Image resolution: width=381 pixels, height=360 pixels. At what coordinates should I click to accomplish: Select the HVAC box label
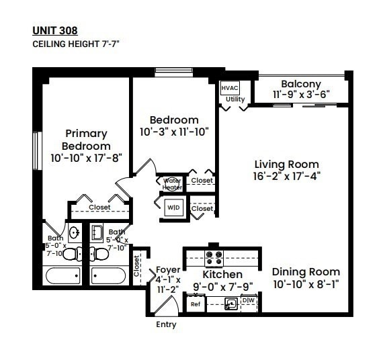tap(228, 89)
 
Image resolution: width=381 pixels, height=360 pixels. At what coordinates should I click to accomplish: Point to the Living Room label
tap(286, 164)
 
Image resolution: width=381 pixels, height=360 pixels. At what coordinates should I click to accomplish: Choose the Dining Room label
tap(306, 272)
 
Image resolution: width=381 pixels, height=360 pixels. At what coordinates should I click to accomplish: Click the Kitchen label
tap(222, 275)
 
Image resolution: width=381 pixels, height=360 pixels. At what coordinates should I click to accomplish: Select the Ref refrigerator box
tap(196, 304)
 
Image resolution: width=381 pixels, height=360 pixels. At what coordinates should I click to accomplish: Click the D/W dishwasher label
tap(248, 301)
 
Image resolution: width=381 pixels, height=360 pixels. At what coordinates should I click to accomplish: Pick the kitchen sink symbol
tap(230, 304)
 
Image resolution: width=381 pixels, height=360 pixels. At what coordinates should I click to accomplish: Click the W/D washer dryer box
tap(173, 208)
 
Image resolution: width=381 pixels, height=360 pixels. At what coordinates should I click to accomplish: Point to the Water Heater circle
tap(172, 183)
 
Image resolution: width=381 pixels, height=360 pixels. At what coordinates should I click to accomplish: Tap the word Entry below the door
tap(166, 325)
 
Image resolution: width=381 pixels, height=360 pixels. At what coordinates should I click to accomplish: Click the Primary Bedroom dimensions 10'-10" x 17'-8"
tap(86, 158)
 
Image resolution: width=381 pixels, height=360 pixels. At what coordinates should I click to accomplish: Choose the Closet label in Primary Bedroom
tap(99, 208)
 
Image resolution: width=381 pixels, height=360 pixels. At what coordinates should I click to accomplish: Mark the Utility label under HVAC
tap(235, 99)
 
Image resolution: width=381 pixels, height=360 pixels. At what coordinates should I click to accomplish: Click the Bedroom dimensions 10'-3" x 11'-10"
tap(175, 132)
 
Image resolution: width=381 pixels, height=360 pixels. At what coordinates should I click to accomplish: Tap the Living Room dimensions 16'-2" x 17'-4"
tap(286, 177)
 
